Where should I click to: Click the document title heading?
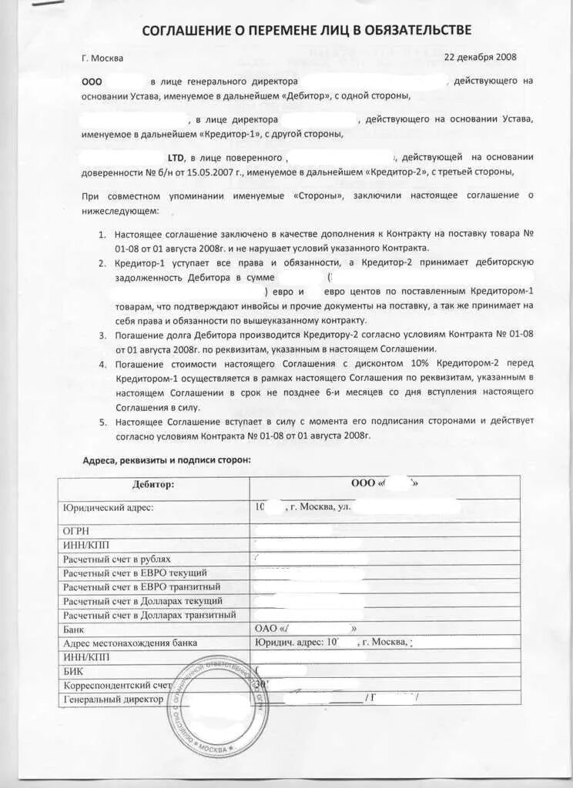307,30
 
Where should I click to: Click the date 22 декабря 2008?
481,57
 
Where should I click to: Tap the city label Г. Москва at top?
102,58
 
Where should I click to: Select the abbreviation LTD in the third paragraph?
179,157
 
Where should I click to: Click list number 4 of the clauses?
103,362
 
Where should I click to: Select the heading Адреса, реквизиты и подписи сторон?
166,460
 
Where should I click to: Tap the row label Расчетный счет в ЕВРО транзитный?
137,587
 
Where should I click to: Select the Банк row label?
75,629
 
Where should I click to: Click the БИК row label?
74,671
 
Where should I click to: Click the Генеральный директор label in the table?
113,699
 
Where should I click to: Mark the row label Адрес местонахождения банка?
130,643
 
